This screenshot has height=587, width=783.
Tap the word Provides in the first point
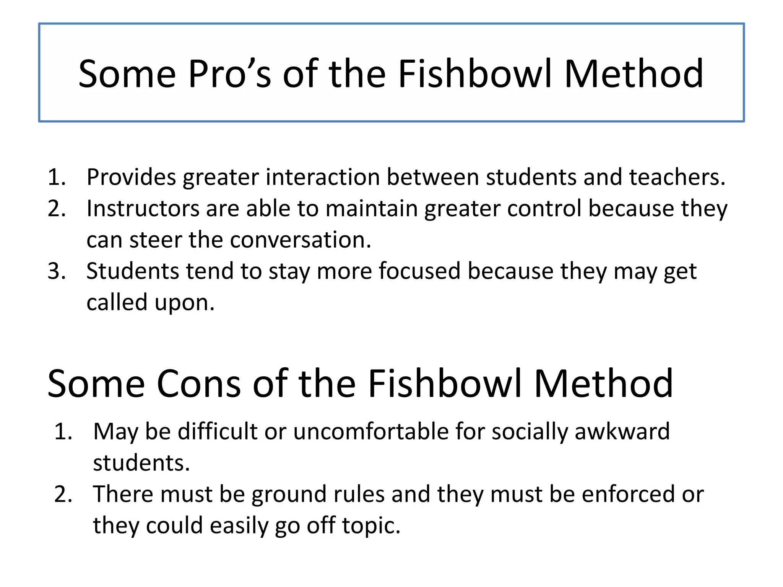pos(131,178)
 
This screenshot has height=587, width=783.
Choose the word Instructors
pos(143,209)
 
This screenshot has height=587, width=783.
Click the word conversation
pos(301,240)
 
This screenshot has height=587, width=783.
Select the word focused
pos(419,271)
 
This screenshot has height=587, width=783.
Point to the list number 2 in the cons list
pos(63,494)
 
